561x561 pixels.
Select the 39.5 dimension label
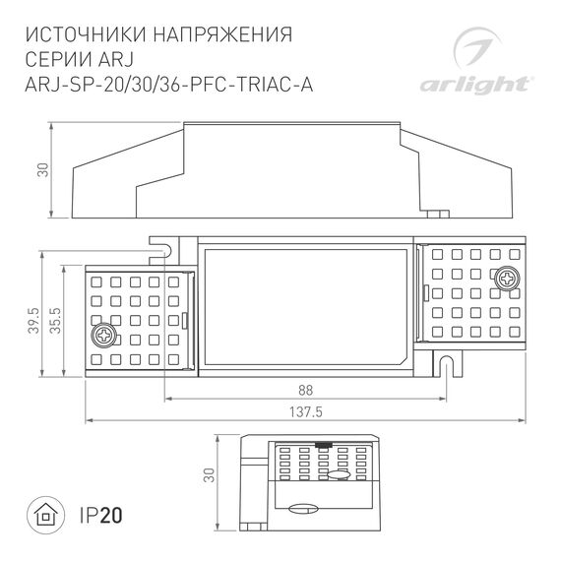[x=34, y=321]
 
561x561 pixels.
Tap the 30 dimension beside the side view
[x=41, y=169]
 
